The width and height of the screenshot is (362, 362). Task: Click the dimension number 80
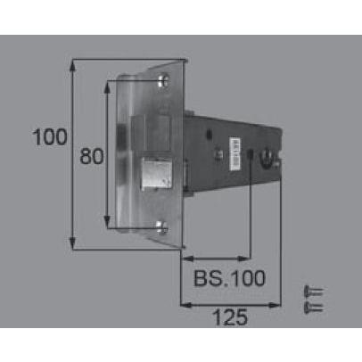click(92, 156)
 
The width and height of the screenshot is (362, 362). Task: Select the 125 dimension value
click(230, 317)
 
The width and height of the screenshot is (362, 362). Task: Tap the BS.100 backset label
click(229, 278)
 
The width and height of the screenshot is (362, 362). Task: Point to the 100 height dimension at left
click(50, 137)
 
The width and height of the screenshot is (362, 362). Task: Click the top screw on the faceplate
click(163, 80)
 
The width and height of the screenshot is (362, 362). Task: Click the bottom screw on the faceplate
click(162, 228)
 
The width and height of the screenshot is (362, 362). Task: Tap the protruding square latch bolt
click(157, 174)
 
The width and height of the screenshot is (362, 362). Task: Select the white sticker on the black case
click(234, 153)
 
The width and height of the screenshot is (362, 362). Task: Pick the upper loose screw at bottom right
click(314, 292)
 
